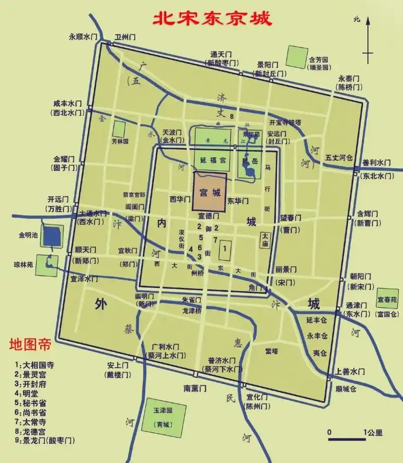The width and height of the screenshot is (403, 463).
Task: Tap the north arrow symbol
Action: click(369, 40)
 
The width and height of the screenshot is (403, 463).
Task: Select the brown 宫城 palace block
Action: click(210, 192)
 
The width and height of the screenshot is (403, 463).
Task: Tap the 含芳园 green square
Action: click(296, 57)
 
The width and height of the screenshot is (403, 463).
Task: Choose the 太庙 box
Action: click(265, 239)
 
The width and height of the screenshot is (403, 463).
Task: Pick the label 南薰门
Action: click(195, 388)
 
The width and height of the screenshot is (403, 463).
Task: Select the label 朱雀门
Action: click(191, 300)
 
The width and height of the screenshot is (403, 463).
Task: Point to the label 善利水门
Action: click(376, 163)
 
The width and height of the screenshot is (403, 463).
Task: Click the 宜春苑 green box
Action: click(387, 299)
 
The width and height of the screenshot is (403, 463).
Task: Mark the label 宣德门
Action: click(209, 215)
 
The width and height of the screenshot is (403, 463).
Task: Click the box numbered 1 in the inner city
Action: click(225, 248)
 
